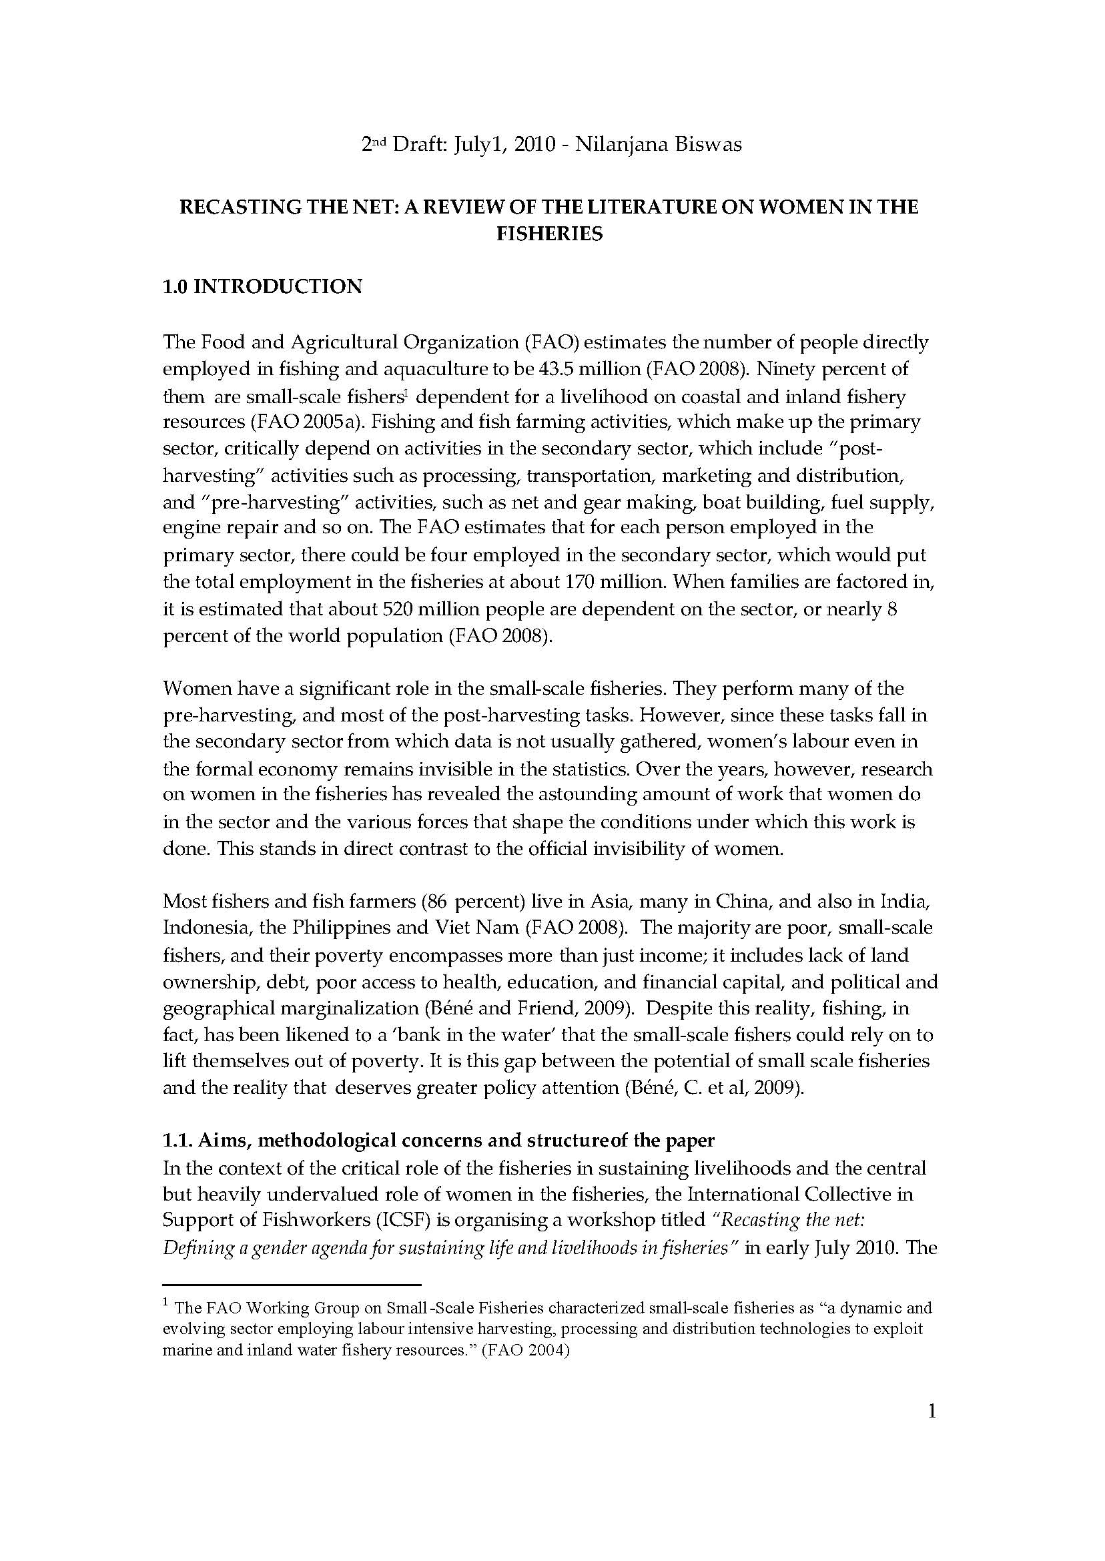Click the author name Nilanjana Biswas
point(658,145)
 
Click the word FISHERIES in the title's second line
point(549,234)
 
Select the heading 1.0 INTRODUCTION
point(262,286)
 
